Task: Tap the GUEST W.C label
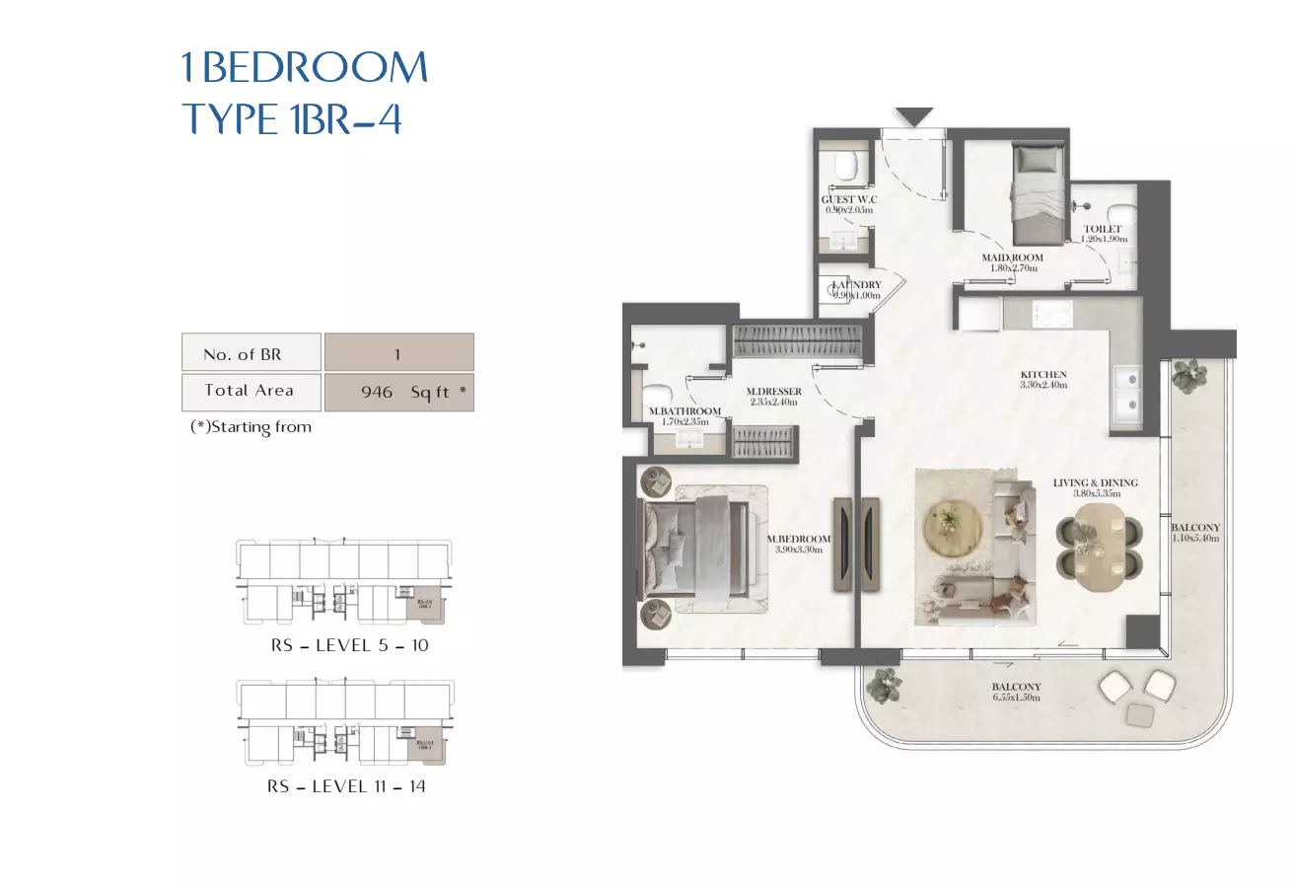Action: pyautogui.click(x=850, y=199)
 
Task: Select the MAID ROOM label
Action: pyautogui.click(x=1012, y=258)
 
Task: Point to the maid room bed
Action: pyautogui.click(x=1037, y=192)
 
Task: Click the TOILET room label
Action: pyautogui.click(x=1103, y=229)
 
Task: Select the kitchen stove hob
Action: pyautogui.click(x=1051, y=314)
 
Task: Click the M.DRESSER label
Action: pyautogui.click(x=773, y=392)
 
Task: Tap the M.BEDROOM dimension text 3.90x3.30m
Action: pyautogui.click(x=799, y=550)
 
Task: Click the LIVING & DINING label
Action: pyautogui.click(x=1095, y=482)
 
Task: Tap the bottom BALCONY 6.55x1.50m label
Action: pyautogui.click(x=1017, y=688)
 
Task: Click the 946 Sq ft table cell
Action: pyautogui.click(x=399, y=392)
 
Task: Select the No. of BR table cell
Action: pyautogui.click(x=252, y=353)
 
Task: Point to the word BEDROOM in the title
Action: pyautogui.click(x=315, y=67)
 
